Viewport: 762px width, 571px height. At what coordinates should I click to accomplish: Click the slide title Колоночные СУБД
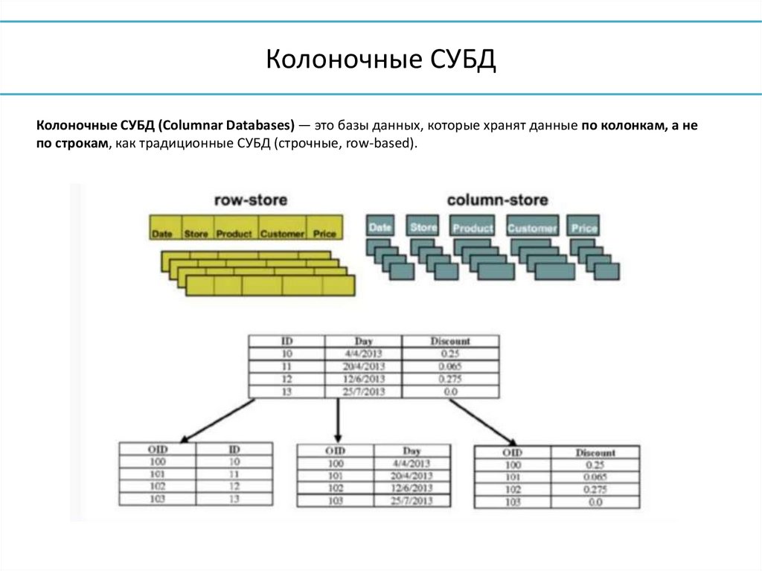pos(380,60)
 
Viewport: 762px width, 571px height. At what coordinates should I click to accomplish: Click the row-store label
pos(250,200)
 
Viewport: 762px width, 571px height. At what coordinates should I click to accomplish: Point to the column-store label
pos(497,200)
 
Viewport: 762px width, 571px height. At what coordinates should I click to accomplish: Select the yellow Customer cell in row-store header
pos(282,233)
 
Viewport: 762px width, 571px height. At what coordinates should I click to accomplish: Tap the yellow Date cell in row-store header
pos(161,233)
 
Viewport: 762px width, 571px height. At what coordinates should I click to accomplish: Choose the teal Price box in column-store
pos(583,227)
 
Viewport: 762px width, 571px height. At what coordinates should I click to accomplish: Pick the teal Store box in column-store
pos(423,226)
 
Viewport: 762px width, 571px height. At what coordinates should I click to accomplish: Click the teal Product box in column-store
pos(473,227)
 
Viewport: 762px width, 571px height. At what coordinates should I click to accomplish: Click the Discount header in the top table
pos(450,341)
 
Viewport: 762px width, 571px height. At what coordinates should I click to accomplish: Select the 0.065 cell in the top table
pos(450,366)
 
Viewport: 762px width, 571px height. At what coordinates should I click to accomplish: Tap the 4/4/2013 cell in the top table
pos(363,354)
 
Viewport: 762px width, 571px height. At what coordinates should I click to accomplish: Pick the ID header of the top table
pos(286,341)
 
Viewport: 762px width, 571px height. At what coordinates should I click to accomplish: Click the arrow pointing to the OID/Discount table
pos(480,421)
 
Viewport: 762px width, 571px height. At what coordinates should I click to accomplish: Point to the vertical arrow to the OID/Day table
pos(339,421)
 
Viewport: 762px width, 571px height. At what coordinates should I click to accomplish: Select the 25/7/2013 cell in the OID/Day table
pos(412,501)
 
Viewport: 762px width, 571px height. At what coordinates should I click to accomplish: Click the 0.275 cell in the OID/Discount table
pos(595,489)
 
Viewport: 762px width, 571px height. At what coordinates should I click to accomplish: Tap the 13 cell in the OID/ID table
pos(234,499)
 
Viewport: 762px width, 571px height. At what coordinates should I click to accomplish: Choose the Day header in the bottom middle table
pos(412,451)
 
